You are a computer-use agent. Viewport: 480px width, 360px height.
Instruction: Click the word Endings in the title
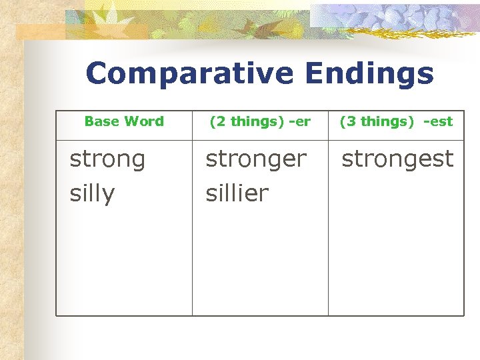(369, 74)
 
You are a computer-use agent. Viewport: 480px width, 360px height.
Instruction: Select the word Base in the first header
(102, 121)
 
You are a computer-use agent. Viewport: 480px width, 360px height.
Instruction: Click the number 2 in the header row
(218, 121)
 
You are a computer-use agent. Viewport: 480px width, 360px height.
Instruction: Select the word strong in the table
(107, 159)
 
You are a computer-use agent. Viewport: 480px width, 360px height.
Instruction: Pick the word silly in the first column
(92, 194)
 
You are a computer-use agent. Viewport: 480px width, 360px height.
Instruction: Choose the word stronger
(256, 159)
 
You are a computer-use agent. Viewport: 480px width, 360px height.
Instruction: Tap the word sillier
(237, 194)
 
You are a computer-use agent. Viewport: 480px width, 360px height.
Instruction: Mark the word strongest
(397, 159)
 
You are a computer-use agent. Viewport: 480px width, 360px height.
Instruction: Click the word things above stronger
(253, 121)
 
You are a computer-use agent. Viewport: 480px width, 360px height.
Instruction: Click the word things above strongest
(383, 121)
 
